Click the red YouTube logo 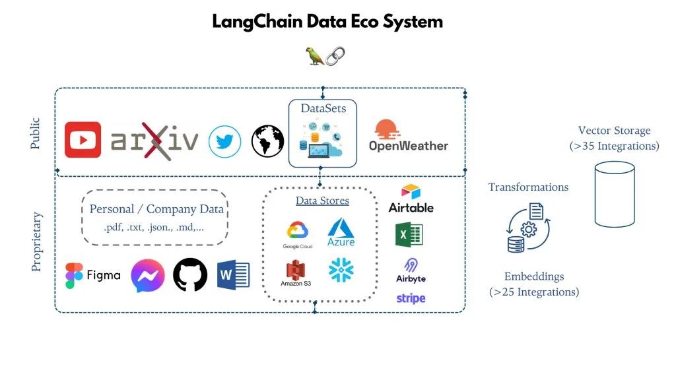coord(83,140)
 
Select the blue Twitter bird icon coord(224,141)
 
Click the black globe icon coord(267,141)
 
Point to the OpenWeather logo coord(408,136)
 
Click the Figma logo coord(93,275)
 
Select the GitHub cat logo coord(190,275)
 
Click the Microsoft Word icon coord(234,275)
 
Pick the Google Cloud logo coord(297,235)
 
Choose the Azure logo coord(341,232)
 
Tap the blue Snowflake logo coord(341,270)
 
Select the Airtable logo coord(411,199)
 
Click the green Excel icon coord(409,234)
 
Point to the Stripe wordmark coord(411,298)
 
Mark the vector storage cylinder coord(614,195)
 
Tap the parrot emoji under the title coord(314,56)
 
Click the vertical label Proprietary coord(37,241)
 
